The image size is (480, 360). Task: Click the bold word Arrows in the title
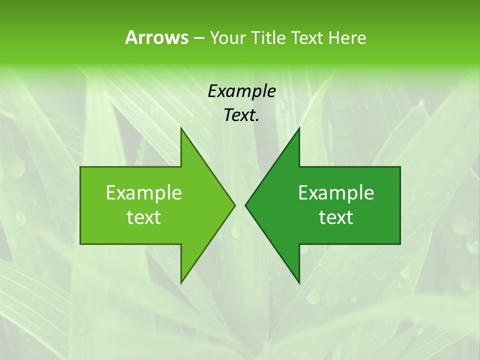(x=156, y=37)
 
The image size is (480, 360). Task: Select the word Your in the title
(x=228, y=37)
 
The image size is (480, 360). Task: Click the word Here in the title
(x=347, y=37)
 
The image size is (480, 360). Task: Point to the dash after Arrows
(x=198, y=38)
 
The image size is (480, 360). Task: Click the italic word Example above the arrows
(x=241, y=91)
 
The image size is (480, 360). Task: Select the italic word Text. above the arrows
(x=241, y=115)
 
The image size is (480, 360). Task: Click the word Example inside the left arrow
(x=144, y=193)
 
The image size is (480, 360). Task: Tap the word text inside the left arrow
(x=144, y=217)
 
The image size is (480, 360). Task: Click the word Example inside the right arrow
(x=336, y=193)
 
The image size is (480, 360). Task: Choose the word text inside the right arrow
(x=336, y=217)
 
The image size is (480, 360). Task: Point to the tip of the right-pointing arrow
(x=234, y=205)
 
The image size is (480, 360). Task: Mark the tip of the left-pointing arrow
(x=246, y=205)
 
